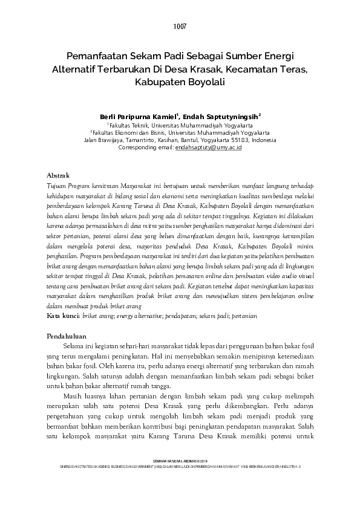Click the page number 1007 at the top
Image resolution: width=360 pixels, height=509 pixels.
click(x=180, y=27)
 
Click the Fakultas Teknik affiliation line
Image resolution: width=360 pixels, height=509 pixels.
click(x=180, y=123)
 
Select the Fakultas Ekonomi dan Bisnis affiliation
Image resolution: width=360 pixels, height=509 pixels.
click(x=180, y=131)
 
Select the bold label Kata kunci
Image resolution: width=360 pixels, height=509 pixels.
click(x=63, y=315)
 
